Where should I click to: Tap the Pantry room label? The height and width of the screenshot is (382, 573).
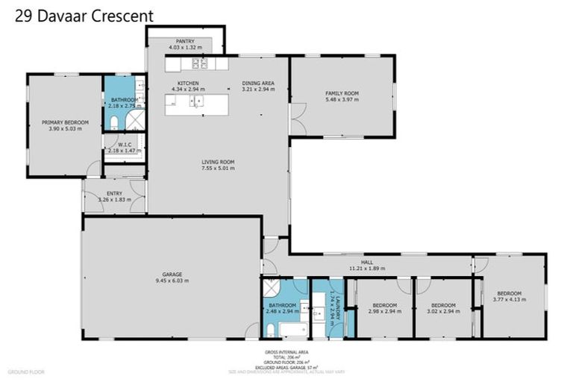[x=185, y=41]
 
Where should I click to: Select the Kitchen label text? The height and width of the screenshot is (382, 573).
[x=187, y=83]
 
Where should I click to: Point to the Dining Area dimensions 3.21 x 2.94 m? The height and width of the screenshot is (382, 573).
[x=258, y=89]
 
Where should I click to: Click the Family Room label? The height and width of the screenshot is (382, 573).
[x=342, y=93]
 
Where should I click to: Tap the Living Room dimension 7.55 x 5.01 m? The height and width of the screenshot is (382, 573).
[x=218, y=168]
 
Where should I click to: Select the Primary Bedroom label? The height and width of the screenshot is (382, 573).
[x=64, y=122]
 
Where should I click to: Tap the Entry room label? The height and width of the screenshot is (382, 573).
[x=114, y=193]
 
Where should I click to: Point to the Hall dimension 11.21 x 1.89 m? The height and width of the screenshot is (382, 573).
[x=366, y=268]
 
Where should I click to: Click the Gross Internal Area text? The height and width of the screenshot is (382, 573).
[x=286, y=351]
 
